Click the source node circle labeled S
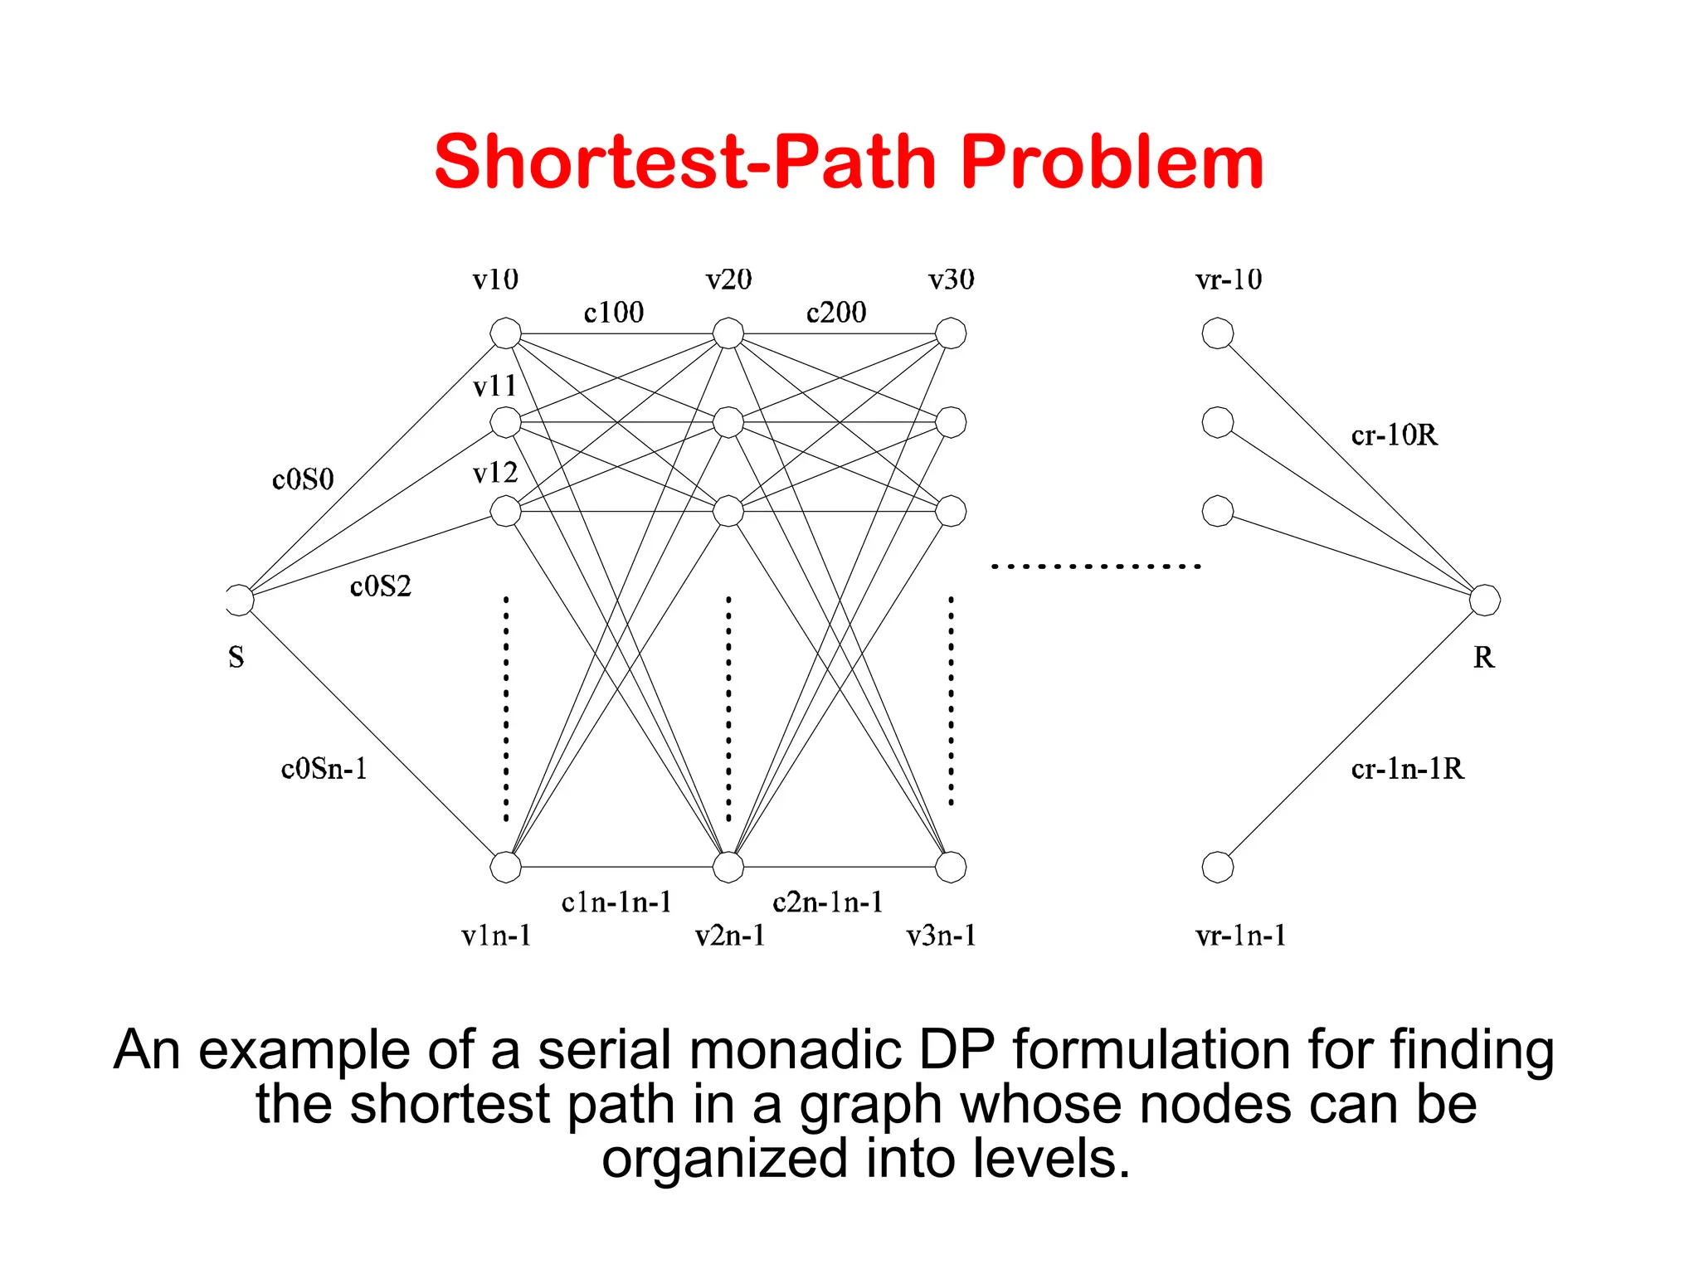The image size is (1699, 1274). [x=239, y=600]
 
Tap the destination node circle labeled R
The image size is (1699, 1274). [x=1484, y=600]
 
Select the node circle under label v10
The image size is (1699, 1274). [x=505, y=333]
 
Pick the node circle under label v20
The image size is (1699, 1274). [x=728, y=333]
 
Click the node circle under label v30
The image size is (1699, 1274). [x=950, y=333]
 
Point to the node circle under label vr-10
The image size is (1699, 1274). [x=1217, y=333]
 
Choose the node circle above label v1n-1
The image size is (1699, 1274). [x=505, y=867]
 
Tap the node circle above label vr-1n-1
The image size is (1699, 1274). [x=1217, y=867]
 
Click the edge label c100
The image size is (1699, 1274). [x=614, y=313]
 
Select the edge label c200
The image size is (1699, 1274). [x=836, y=313]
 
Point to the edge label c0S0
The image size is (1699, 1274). [x=303, y=479]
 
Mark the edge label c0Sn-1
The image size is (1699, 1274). [x=324, y=769]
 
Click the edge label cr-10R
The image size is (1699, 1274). [x=1394, y=435]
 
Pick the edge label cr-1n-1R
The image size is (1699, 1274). [x=1407, y=769]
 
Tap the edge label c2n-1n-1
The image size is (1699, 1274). [x=827, y=902]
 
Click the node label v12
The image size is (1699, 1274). [x=495, y=473]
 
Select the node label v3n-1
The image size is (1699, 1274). [x=941, y=936]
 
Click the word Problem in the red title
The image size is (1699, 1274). [x=1112, y=162]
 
